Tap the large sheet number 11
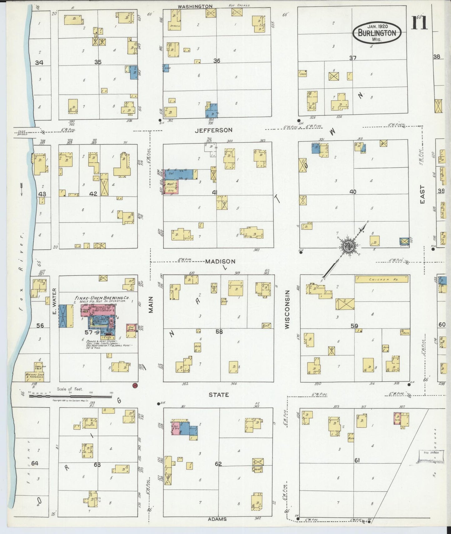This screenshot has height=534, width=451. pyautogui.click(x=419, y=22)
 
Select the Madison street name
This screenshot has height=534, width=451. pyautogui.click(x=220, y=261)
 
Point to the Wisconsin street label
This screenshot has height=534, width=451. pyautogui.click(x=287, y=309)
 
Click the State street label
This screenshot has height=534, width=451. pyautogui.click(x=218, y=395)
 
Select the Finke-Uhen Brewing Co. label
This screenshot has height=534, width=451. pyautogui.click(x=102, y=298)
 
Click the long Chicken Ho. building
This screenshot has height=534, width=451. pyautogui.click(x=381, y=279)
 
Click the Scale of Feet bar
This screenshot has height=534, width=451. pyautogui.click(x=70, y=396)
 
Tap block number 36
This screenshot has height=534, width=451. pyautogui.click(x=217, y=61)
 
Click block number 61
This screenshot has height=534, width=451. pyautogui.click(x=357, y=460)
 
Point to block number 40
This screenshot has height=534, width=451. pyautogui.click(x=353, y=192)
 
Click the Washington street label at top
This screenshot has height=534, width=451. pyautogui.click(x=195, y=6)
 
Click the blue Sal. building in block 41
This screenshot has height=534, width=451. pyautogui.click(x=180, y=174)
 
